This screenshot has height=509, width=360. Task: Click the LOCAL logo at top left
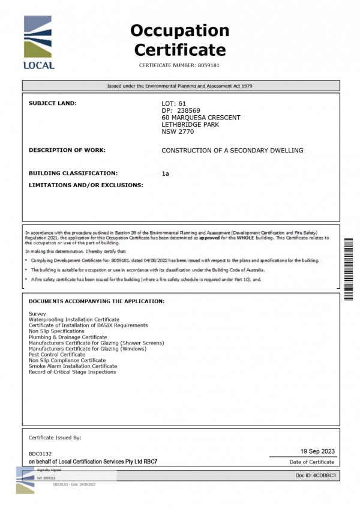click(x=40, y=44)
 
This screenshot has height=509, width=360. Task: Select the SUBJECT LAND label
click(x=53, y=103)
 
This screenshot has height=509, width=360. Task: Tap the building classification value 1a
click(x=166, y=173)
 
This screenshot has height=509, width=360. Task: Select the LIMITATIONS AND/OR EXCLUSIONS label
click(x=86, y=185)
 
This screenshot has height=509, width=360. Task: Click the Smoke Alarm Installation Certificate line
click(x=73, y=366)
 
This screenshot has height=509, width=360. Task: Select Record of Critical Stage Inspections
click(x=72, y=372)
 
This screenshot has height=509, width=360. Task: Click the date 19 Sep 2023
click(x=317, y=451)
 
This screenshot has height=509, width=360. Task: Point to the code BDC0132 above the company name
click(x=40, y=453)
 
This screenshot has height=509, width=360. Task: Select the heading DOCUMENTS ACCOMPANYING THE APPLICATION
click(x=97, y=301)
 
